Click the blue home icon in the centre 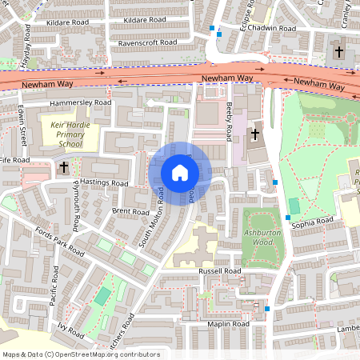point(180,173)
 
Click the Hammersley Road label point(80,103)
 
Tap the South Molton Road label point(151,218)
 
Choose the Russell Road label point(218,272)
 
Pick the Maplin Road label point(230,324)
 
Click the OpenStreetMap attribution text point(81,354)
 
